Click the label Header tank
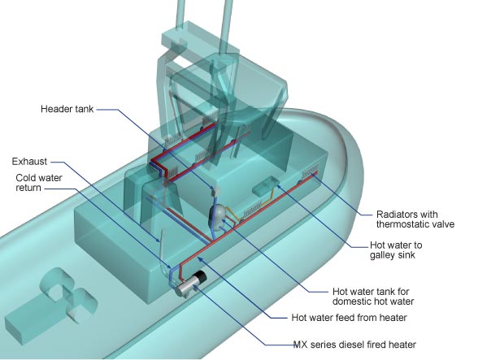point(67,109)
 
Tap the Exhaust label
point(29,162)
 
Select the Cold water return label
point(39,183)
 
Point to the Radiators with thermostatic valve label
point(415,219)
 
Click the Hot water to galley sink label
point(396,250)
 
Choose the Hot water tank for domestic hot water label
point(373,297)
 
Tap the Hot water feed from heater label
point(349,318)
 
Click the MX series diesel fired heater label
point(354,345)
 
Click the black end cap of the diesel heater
point(200,276)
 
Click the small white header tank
point(215,190)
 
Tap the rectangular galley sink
point(264,185)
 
